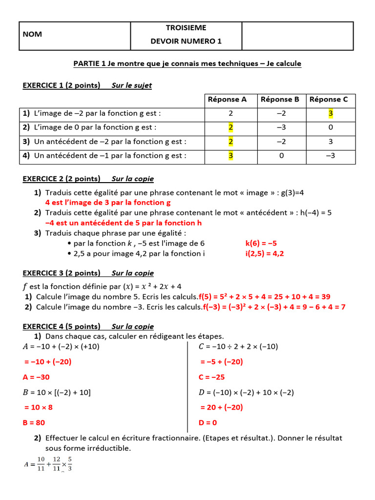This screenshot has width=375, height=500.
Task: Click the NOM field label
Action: (x=32, y=34)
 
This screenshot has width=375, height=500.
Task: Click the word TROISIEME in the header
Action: (x=186, y=28)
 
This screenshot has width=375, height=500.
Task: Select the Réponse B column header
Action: (x=280, y=100)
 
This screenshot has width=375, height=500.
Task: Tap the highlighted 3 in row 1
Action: (x=331, y=113)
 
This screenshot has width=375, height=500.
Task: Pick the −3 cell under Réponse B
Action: (x=280, y=127)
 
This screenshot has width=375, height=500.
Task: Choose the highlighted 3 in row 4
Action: (x=231, y=156)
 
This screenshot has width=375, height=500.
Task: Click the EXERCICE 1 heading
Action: (x=62, y=85)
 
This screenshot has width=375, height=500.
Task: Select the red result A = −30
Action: (x=36, y=377)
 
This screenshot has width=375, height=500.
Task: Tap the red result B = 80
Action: (x=34, y=422)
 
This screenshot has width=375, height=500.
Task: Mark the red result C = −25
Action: (x=211, y=377)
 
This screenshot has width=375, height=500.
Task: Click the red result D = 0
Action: (x=208, y=422)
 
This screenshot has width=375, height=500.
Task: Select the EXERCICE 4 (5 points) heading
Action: (x=62, y=327)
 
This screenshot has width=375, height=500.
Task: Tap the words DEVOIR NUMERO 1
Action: (x=186, y=42)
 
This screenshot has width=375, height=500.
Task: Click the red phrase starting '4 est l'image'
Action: (x=108, y=202)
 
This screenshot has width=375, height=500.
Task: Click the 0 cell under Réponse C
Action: (x=331, y=127)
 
